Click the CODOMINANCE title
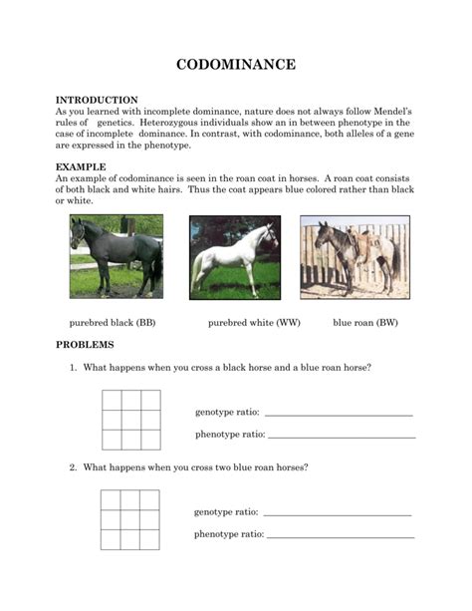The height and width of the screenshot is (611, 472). [236, 65]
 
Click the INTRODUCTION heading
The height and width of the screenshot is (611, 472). [96, 100]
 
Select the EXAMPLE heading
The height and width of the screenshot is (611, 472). [81, 166]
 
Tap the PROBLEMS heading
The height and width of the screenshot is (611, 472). [85, 344]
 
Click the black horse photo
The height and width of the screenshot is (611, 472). [117, 256]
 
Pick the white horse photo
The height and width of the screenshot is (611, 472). [235, 257]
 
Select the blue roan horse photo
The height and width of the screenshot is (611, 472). [354, 257]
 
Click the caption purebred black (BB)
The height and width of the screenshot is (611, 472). [112, 323]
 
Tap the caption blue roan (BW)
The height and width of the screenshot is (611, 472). [365, 323]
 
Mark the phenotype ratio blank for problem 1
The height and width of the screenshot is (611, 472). [342, 436]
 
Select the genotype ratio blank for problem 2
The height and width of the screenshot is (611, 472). [338, 513]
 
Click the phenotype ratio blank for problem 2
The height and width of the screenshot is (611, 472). [342, 535]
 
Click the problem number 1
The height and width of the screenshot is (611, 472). [73, 368]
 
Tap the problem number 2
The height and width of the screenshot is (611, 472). [73, 466]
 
